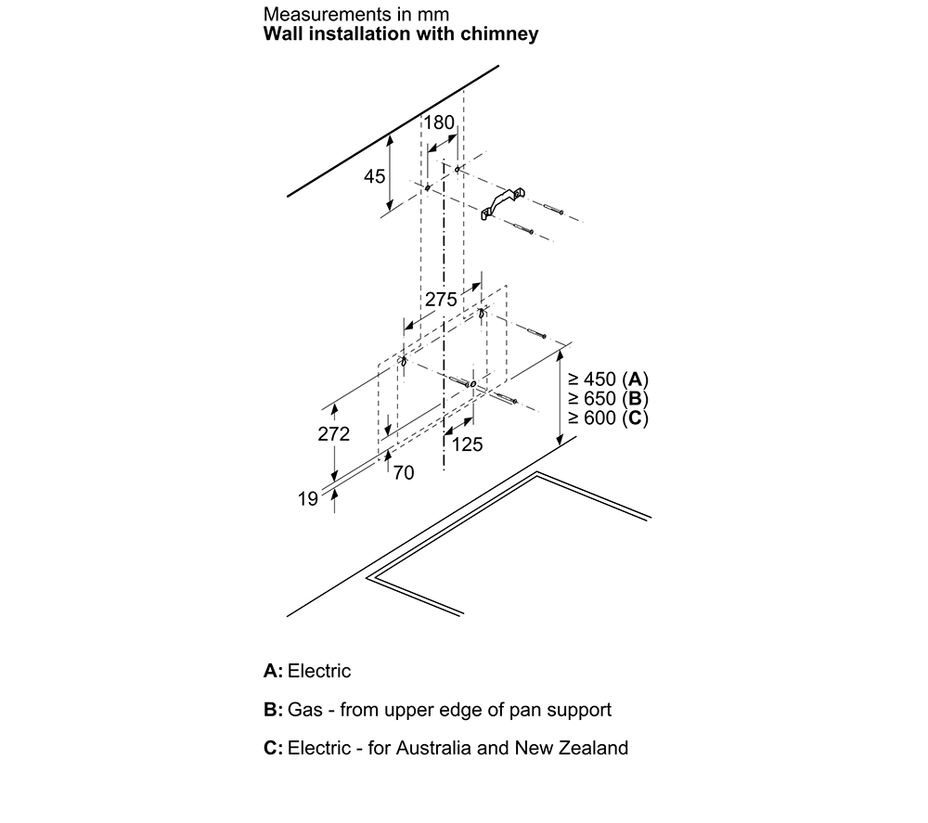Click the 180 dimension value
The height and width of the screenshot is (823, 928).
click(x=439, y=122)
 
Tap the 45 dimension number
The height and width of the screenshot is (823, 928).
click(x=374, y=176)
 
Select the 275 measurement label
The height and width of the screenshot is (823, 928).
click(x=441, y=300)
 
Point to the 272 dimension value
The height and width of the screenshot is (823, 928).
click(x=334, y=434)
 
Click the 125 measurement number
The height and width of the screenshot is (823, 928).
click(x=468, y=444)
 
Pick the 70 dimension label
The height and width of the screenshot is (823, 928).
click(x=404, y=472)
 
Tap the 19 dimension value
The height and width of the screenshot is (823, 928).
click(x=308, y=499)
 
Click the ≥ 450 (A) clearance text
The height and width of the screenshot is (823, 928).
click(x=608, y=379)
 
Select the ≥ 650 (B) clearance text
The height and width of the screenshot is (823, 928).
click(x=608, y=398)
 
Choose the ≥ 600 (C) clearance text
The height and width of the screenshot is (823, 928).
click(x=608, y=418)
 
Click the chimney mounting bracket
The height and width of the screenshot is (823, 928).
click(x=503, y=203)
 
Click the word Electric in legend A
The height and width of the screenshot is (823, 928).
click(x=319, y=671)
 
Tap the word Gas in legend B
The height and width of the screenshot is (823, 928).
click(x=304, y=710)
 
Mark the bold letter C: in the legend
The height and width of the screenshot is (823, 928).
click(x=274, y=748)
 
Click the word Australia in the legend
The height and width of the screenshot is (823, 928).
click(x=433, y=748)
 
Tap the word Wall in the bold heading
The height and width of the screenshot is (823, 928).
click(x=283, y=33)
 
